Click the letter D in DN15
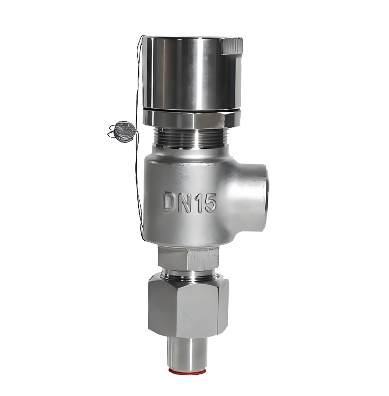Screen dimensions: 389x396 point(170,201)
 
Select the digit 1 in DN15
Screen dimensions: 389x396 point(199,202)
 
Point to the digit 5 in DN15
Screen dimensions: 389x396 point(210,202)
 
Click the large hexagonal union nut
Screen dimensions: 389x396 point(188,306)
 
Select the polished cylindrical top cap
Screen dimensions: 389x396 point(192,73)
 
